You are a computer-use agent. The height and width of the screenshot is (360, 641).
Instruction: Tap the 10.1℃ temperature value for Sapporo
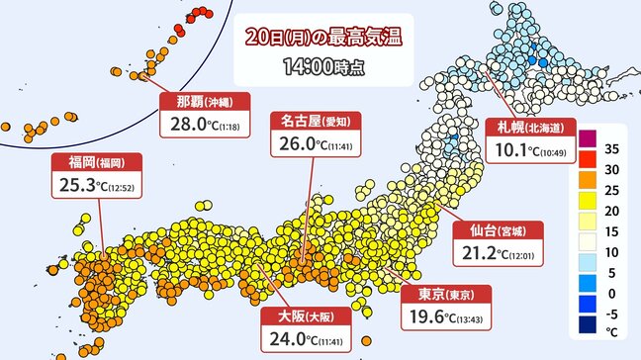pos(523,150)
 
